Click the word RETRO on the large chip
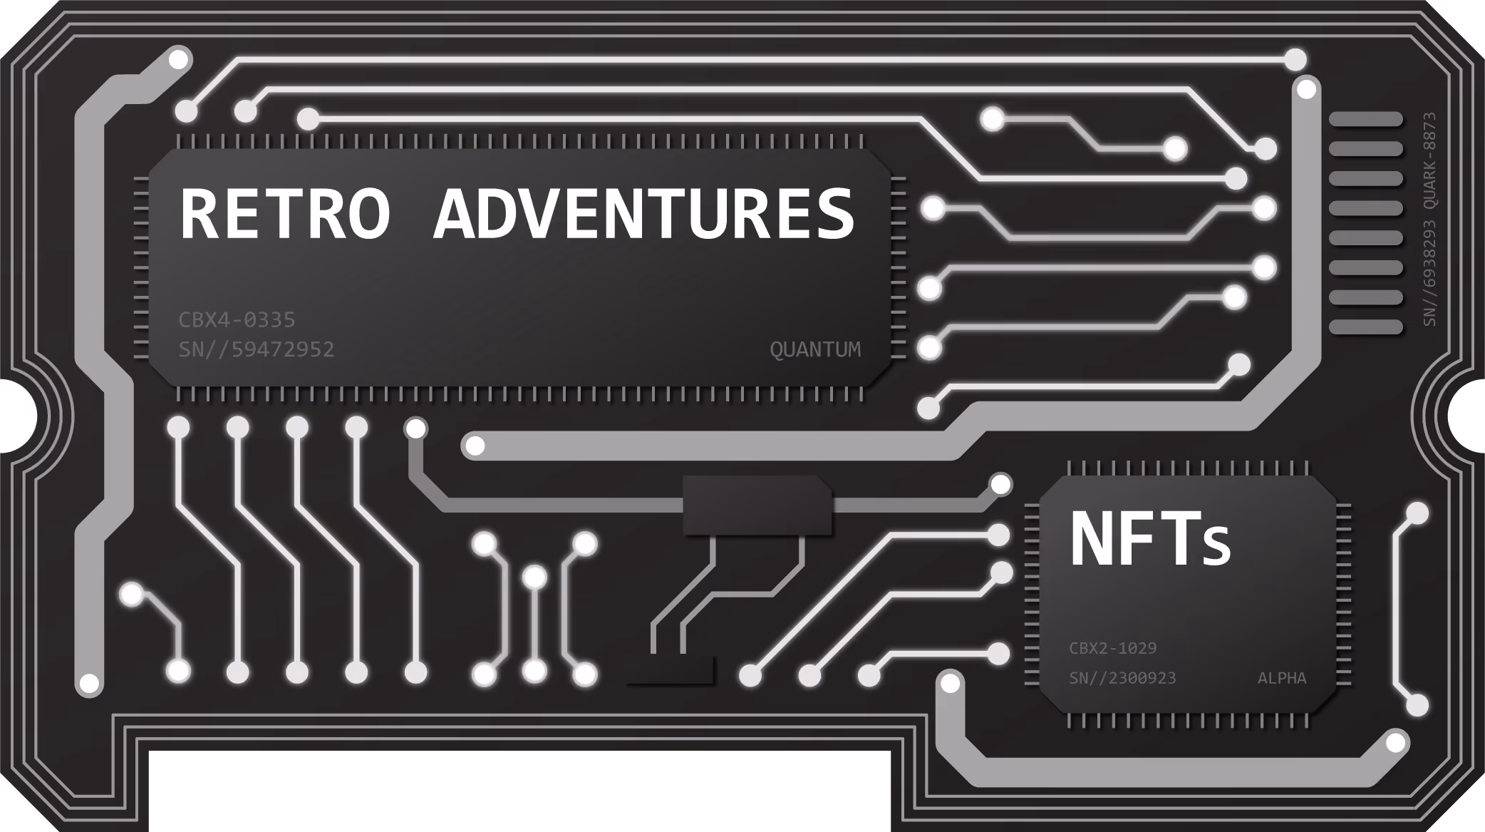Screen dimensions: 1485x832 pyautogui.click(x=285, y=213)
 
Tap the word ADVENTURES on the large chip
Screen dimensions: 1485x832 pyautogui.click(x=644, y=213)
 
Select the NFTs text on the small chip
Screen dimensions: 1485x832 pyautogui.click(x=1150, y=539)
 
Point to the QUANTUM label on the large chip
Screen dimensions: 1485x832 pyautogui.click(x=815, y=349)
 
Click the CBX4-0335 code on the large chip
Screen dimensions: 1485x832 pyautogui.click(x=237, y=319)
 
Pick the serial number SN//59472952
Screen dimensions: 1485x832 pyautogui.click(x=257, y=349)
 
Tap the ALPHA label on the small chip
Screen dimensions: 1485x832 pyautogui.click(x=1282, y=678)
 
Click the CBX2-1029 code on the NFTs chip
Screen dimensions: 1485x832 pyautogui.click(x=1112, y=648)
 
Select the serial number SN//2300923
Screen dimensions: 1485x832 pyautogui.click(x=1122, y=678)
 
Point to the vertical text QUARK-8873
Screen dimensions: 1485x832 pyautogui.click(x=1429, y=161)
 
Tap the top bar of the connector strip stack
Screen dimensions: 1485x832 pyautogui.click(x=1366, y=119)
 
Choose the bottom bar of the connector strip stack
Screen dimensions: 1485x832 pyautogui.click(x=1366, y=327)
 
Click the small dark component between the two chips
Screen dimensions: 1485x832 pyautogui.click(x=757, y=505)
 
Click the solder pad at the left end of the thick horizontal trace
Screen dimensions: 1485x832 pyautogui.click(x=474, y=446)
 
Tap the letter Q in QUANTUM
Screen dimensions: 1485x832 pyautogui.click(x=776, y=350)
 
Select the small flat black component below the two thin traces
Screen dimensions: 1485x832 pyautogui.click(x=669, y=669)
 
